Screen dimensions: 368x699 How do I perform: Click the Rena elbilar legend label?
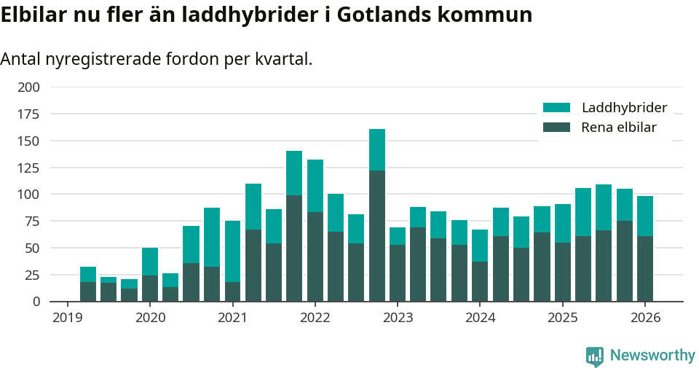pyautogui.click(x=619, y=128)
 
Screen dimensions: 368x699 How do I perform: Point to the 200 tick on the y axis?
pyautogui.click(x=28, y=87)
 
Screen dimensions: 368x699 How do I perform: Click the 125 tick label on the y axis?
pyautogui.click(x=28, y=168)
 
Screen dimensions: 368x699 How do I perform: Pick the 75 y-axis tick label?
pyautogui.click(x=32, y=222)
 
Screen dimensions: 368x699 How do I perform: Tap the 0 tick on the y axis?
pyautogui.click(x=36, y=302)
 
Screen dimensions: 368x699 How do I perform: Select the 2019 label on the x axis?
pyautogui.click(x=68, y=318)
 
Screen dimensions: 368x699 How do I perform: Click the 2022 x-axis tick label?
pyautogui.click(x=315, y=318)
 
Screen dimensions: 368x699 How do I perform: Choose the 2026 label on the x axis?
pyautogui.click(x=645, y=318)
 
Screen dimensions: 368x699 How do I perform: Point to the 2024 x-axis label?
pyautogui.click(x=480, y=318)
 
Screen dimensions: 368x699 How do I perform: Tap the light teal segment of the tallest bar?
pyautogui.click(x=377, y=149)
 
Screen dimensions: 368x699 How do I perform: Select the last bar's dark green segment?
pyautogui.click(x=645, y=268)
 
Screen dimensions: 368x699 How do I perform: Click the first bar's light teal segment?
pyautogui.click(x=88, y=274)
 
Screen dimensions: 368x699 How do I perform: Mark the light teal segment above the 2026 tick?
pyautogui.click(x=645, y=216)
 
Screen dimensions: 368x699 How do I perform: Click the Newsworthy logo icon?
pyautogui.click(x=595, y=356)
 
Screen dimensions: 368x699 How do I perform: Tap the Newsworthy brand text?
pyautogui.click(x=652, y=356)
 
